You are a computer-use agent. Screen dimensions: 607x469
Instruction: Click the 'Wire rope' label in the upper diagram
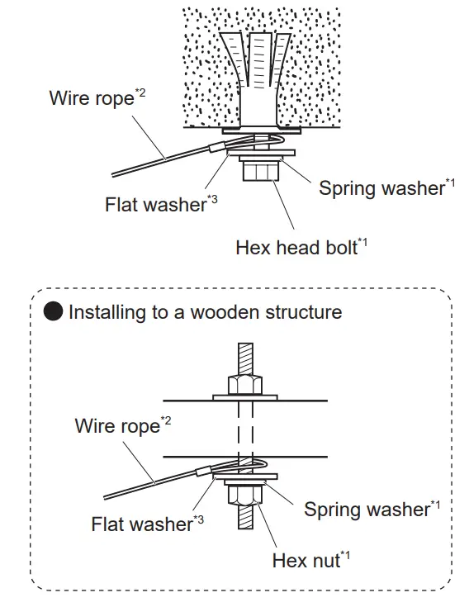(91, 98)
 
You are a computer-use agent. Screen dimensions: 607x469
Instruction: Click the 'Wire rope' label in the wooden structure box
(116, 426)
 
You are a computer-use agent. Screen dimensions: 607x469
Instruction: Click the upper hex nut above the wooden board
(244, 385)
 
